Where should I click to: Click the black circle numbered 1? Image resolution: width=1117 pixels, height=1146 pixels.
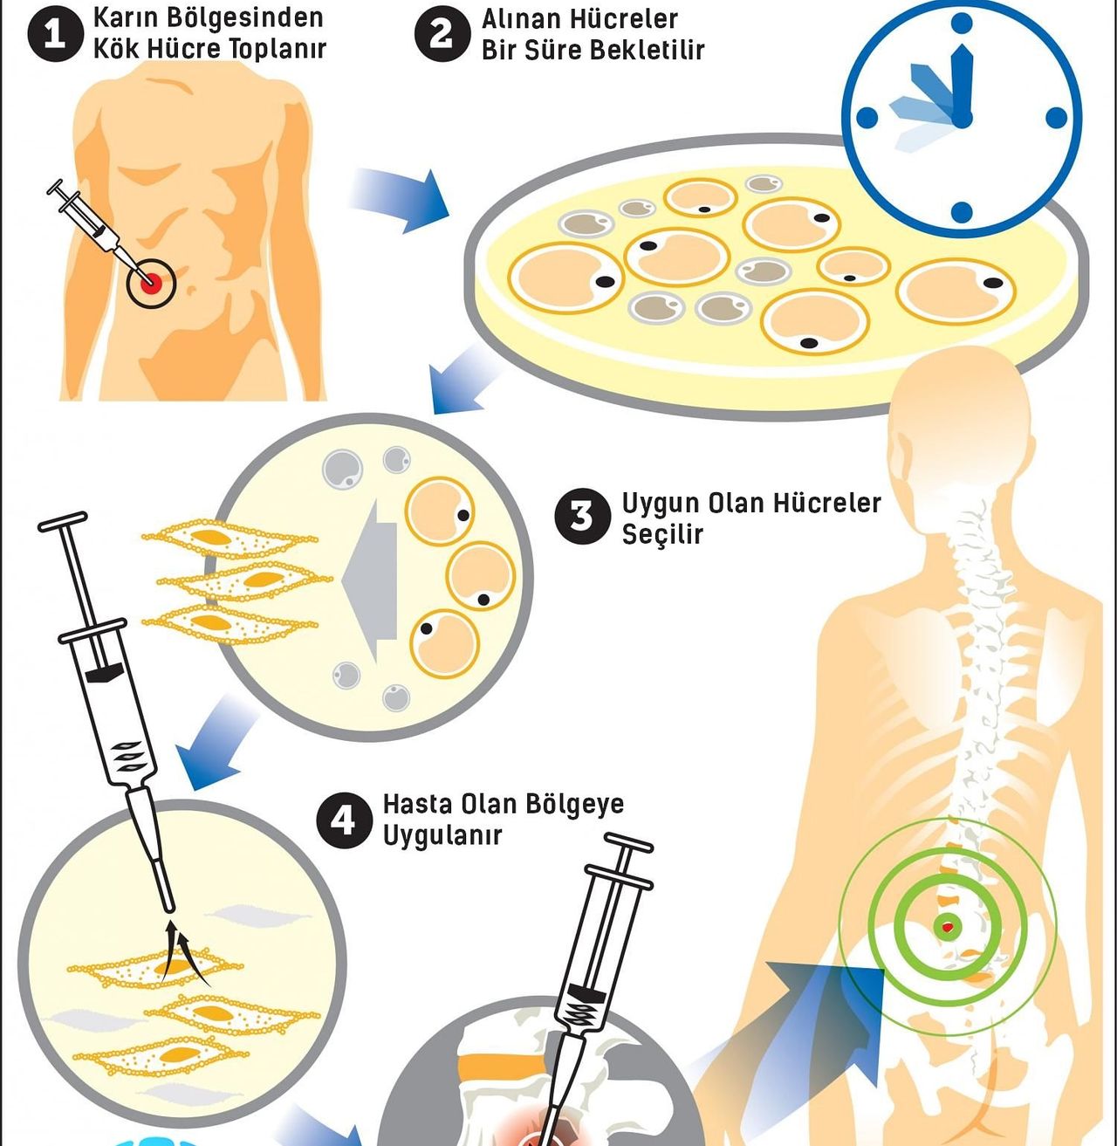click(x=55, y=35)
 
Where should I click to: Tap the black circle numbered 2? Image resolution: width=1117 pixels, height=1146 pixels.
click(x=442, y=35)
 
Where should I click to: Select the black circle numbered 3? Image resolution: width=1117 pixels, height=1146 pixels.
click(x=581, y=516)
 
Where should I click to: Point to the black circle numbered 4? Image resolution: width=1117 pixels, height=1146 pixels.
click(x=344, y=820)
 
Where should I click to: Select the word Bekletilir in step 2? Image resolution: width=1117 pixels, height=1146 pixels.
click(x=647, y=50)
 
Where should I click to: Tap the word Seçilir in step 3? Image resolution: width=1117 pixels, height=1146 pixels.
click(x=662, y=533)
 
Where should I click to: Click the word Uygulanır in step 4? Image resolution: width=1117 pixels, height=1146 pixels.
click(x=442, y=835)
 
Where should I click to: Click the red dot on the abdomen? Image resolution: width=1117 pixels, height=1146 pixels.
click(x=151, y=282)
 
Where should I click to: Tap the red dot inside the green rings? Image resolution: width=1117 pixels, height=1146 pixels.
click(x=948, y=926)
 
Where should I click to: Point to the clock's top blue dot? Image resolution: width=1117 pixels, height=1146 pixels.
click(x=962, y=24)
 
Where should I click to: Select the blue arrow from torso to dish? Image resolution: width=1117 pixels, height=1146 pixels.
click(x=401, y=199)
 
